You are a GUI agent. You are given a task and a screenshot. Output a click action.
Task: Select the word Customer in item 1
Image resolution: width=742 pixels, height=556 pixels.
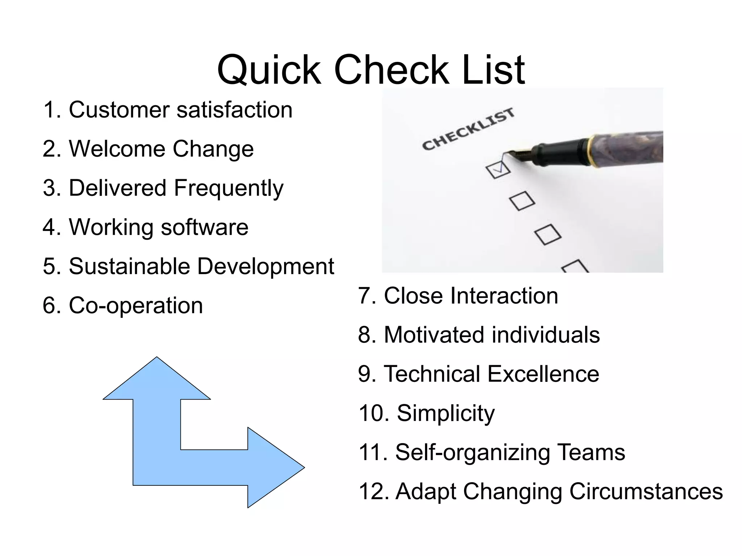119,110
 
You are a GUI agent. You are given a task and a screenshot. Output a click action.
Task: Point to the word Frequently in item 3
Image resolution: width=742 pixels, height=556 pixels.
229,189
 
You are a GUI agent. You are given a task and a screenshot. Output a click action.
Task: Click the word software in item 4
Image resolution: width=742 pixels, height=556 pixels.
204,227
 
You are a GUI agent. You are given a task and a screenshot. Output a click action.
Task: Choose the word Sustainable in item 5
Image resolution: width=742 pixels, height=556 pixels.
129,266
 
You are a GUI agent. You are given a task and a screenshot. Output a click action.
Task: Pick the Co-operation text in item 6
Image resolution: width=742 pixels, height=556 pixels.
136,306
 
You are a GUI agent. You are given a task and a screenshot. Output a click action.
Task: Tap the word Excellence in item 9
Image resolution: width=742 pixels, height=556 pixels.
543,374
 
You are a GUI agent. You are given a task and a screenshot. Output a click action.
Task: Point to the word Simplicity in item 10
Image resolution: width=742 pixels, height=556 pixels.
446,413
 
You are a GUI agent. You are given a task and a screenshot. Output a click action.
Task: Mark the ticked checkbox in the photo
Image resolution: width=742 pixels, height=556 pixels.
498,169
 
